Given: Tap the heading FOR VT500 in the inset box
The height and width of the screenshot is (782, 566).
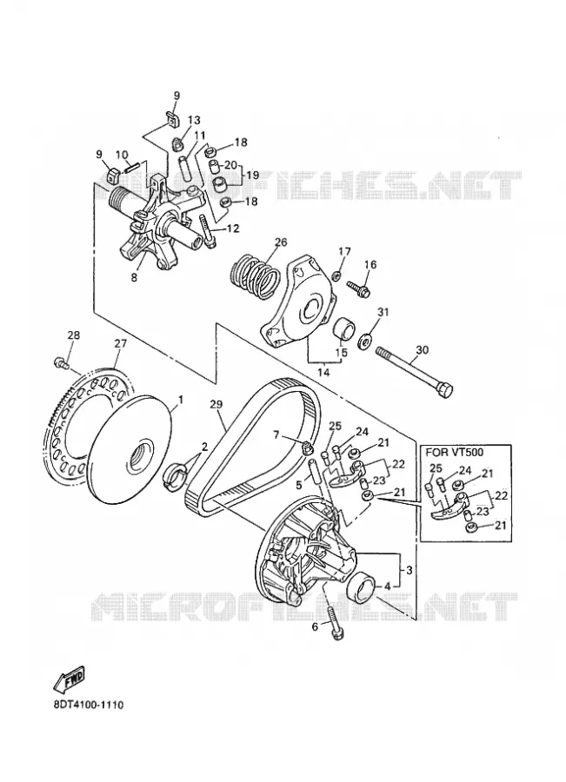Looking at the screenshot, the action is coord(454,452).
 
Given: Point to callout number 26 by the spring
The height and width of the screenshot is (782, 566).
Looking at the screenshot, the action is coord(281,242).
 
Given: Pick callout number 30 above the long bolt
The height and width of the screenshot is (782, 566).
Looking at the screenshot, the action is coord(422,350).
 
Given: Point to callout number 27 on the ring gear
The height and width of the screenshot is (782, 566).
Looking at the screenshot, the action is coord(121,343).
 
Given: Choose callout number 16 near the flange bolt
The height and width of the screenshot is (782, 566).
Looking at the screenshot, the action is coord(370,264).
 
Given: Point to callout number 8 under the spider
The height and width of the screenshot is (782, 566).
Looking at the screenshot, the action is coord(134,278).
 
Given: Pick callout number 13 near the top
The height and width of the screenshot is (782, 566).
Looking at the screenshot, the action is coord(194,120).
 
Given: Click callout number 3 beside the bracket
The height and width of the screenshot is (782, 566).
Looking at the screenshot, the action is coord(409,570).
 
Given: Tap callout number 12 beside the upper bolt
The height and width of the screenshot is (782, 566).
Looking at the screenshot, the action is coord(233,229).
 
